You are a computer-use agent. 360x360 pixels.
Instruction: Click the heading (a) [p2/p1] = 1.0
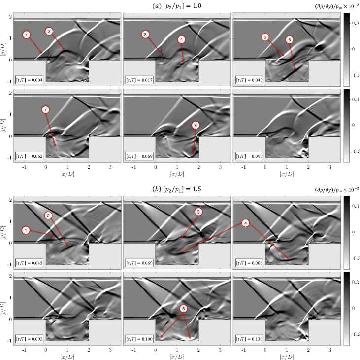click(177, 6)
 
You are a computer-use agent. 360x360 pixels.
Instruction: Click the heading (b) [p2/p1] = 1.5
click(177, 189)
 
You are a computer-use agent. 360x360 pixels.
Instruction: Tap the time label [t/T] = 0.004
click(29, 80)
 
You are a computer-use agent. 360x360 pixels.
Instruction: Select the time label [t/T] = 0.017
click(139, 80)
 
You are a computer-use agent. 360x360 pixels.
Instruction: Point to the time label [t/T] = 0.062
click(29, 156)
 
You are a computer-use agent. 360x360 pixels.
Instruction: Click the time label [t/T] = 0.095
click(249, 156)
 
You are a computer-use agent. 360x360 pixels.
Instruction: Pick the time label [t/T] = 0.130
click(249, 339)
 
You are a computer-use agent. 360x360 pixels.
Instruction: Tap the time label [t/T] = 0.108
click(139, 339)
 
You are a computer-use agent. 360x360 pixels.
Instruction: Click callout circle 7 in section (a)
click(45, 109)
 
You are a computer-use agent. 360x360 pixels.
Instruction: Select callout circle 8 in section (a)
click(196, 125)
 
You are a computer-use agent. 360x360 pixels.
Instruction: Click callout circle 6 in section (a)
click(265, 37)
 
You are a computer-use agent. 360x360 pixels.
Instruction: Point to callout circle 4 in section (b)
click(245, 223)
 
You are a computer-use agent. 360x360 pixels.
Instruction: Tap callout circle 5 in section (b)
click(183, 309)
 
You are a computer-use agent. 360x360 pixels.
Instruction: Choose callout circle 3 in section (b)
click(198, 212)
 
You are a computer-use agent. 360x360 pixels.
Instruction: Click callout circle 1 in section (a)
click(27, 35)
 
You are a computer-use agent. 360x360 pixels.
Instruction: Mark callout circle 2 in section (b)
click(48, 216)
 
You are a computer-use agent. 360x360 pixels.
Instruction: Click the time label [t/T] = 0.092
click(29, 339)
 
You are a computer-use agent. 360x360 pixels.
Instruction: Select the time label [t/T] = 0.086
click(249, 263)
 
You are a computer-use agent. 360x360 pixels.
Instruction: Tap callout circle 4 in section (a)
click(181, 40)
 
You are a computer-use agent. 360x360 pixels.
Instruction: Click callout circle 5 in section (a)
click(289, 40)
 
